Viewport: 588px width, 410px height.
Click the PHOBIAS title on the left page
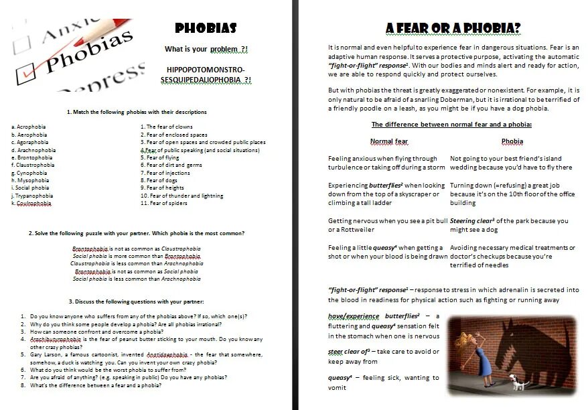(206, 28)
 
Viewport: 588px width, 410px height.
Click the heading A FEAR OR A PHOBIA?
(453, 28)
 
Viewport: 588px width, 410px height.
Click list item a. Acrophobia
(29, 126)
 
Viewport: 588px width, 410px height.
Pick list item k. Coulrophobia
(31, 203)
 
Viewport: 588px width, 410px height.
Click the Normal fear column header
(389, 141)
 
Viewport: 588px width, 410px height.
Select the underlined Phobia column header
(512, 141)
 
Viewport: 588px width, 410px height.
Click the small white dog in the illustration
(517, 383)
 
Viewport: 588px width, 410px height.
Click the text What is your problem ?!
(206, 50)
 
